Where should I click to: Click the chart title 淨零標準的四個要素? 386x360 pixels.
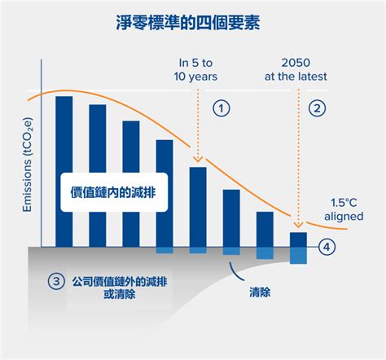coord(188,23)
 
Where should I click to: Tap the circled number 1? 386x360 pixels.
coord(222,108)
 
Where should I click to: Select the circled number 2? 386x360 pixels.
coord(317,108)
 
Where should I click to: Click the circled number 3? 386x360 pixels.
coord(56,281)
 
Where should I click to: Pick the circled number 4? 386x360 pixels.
coord(327,247)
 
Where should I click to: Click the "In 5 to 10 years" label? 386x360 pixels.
coord(195,70)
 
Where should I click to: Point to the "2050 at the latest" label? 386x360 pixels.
coord(296,70)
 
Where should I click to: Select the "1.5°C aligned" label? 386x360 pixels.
coord(344,209)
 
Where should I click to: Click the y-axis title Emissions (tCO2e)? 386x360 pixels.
coord(28,165)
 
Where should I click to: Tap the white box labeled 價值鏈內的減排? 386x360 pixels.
coord(114,192)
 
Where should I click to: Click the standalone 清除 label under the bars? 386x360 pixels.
coord(260,292)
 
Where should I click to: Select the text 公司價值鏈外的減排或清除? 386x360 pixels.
coord(120,288)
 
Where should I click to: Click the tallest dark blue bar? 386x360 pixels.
coord(64,172)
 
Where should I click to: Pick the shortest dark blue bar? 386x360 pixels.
coord(298,239)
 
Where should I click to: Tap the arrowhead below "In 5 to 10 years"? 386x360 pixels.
coord(198,160)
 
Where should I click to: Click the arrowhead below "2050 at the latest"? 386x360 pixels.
coord(298,225)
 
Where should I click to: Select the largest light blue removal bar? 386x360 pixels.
coord(298,256)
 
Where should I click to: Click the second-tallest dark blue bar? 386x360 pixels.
coord(98,176)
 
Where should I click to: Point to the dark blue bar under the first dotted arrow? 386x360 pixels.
coord(198,207)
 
